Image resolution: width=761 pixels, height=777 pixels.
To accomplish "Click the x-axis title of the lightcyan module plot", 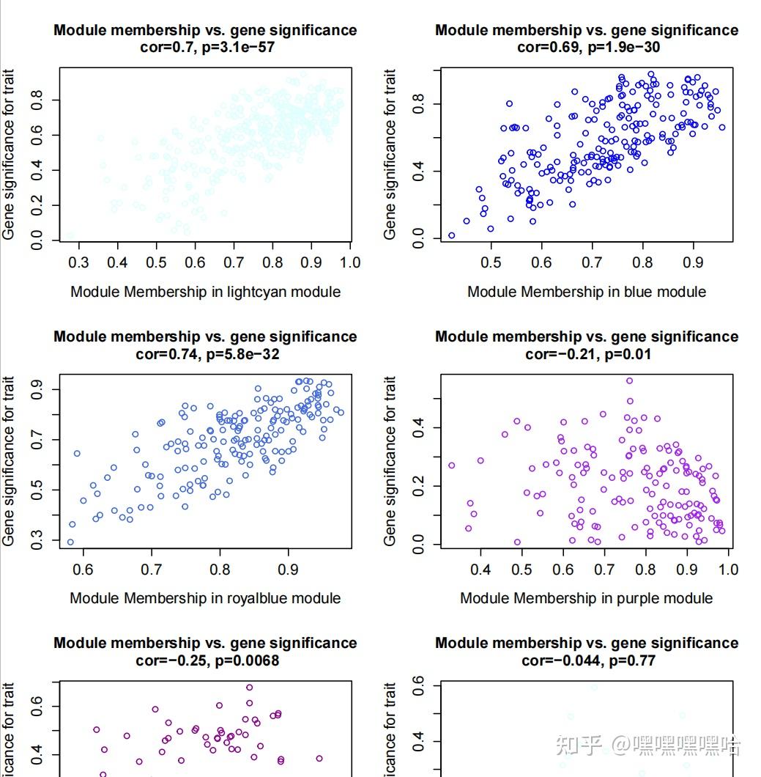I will click(205, 292).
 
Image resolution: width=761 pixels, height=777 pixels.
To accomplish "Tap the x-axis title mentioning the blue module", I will click(587, 292).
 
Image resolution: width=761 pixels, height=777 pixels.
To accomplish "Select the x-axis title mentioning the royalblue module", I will click(205, 598).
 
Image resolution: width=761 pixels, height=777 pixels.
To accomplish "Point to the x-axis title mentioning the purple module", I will click(586, 598).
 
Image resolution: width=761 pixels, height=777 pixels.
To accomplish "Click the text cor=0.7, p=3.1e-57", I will click(205, 48).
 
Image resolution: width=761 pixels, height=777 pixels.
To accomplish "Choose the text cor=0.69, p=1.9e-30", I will click(587, 48).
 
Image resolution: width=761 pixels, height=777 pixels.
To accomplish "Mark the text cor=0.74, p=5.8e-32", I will click(205, 354).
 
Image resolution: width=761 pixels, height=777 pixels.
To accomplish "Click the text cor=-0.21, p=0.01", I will click(587, 354).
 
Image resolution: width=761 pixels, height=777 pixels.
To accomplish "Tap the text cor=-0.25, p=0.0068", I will click(205, 660).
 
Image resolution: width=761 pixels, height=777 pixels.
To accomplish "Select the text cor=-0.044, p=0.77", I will click(587, 660).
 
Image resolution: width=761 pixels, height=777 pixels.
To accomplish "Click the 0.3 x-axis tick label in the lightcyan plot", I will click(78, 262).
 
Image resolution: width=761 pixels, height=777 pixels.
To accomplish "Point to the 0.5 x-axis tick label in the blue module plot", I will click(491, 262).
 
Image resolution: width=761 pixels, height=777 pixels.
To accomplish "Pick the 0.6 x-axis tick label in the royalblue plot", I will click(83, 569).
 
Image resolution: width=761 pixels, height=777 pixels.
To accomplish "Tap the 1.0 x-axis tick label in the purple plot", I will click(728, 569).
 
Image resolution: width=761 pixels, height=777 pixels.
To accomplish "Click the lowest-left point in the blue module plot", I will click(451, 235).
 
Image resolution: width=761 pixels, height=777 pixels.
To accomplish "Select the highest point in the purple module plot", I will click(629, 381).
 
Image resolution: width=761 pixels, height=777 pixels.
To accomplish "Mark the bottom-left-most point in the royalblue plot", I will click(70, 542).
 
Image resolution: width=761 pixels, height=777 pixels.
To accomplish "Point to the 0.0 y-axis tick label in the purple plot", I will click(418, 545).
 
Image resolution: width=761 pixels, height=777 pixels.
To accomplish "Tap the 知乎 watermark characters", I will click(579, 745).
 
